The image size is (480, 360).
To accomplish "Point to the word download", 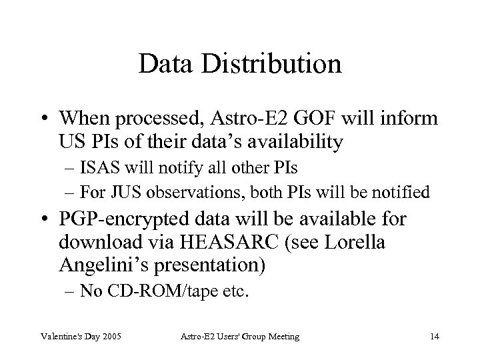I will click(x=108, y=243).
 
